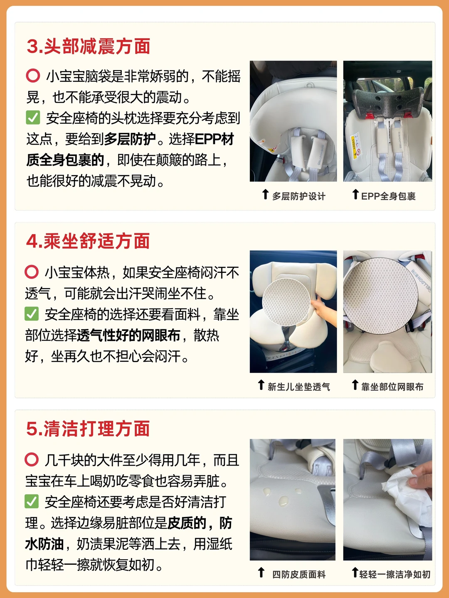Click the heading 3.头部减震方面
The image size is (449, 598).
click(89, 47)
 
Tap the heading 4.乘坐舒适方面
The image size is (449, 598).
click(88, 241)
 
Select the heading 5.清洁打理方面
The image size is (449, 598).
click(88, 429)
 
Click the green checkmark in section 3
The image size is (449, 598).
click(33, 118)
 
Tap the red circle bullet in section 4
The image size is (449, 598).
click(32, 272)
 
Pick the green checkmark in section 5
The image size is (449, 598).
click(32, 501)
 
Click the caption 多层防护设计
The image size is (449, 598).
click(299, 196)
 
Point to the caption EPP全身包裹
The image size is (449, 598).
click(388, 196)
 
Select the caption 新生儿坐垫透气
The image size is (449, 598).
click(299, 387)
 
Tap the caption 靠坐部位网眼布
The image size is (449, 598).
click(392, 387)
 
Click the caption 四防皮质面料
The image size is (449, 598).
click(299, 574)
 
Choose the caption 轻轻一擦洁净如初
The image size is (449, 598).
click(395, 574)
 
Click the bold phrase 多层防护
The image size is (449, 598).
click(130, 139)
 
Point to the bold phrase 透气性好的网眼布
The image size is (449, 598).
click(128, 335)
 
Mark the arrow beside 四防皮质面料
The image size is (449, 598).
click(261, 572)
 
